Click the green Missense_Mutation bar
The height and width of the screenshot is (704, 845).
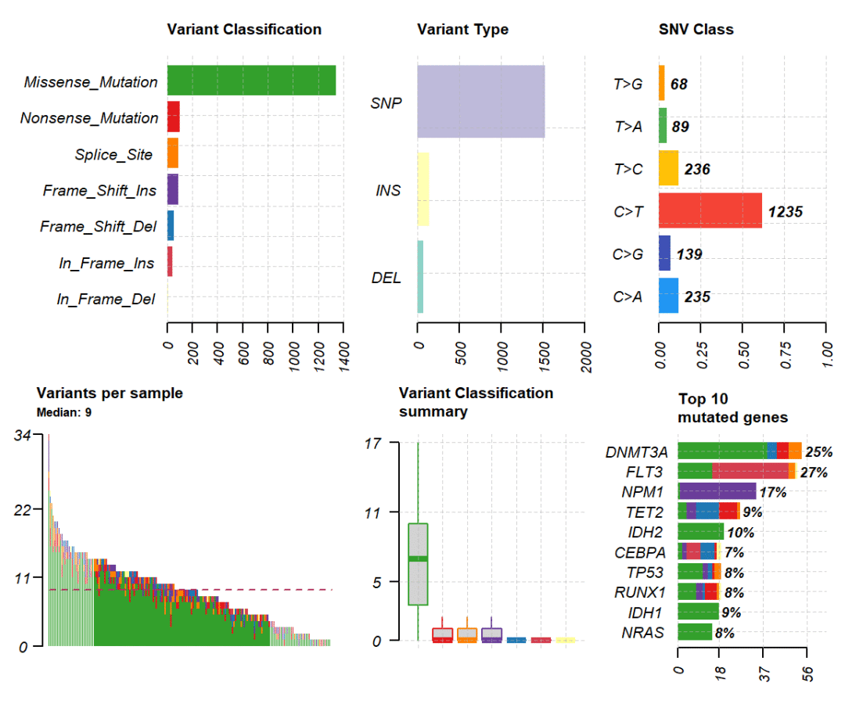click(x=251, y=81)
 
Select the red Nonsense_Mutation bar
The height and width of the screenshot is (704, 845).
click(x=174, y=117)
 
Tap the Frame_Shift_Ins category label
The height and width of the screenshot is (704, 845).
click(x=99, y=190)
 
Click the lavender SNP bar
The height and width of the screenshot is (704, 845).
click(x=480, y=102)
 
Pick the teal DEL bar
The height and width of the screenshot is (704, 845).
click(x=420, y=277)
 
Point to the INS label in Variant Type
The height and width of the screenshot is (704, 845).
click(x=388, y=190)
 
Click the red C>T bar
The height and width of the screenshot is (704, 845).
click(x=710, y=210)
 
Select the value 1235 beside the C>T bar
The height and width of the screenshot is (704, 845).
click(x=786, y=211)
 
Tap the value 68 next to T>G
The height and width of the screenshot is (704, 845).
click(x=679, y=84)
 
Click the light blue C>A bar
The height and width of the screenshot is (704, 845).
click(x=668, y=296)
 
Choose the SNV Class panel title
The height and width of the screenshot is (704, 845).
click(x=696, y=30)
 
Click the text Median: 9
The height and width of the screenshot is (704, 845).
click(x=64, y=411)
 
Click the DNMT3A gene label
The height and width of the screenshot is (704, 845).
click(x=636, y=452)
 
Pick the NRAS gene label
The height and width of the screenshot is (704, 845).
click(x=643, y=632)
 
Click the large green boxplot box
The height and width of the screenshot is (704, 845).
click(x=418, y=564)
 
